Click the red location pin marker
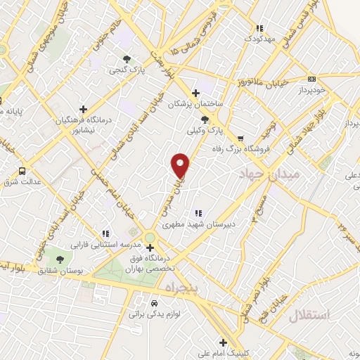181,166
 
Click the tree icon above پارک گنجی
127,60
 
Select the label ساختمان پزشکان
195,104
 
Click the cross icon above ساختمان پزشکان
195,93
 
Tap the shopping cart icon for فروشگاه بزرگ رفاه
241,139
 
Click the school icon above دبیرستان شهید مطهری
198,213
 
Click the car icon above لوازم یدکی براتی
155,303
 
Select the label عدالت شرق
22,181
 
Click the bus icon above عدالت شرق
22,170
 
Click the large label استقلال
309,315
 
